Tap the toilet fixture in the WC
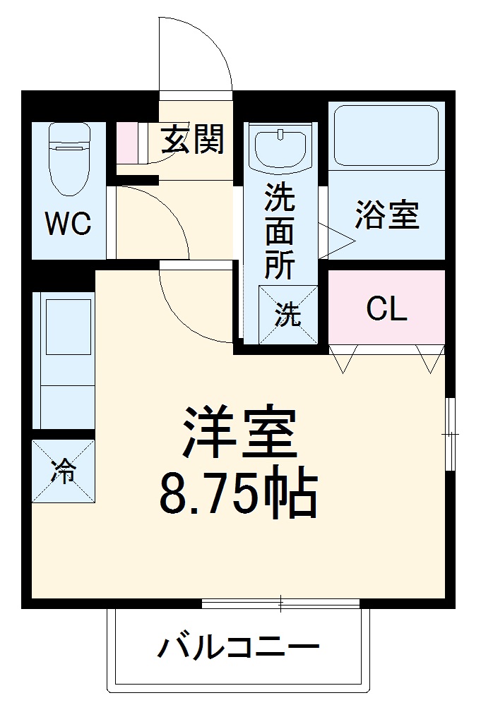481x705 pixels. point(69,159)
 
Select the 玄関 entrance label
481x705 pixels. point(193,139)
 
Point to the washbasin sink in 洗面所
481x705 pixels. point(281,149)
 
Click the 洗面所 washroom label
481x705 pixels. point(280,230)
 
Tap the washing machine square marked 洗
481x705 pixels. point(288,315)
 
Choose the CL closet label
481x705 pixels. point(386,308)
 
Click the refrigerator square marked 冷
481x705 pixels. point(63,471)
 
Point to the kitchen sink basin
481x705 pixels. point(69,327)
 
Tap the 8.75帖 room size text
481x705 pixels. point(239,495)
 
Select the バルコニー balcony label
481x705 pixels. point(238,647)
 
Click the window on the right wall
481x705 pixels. point(450,434)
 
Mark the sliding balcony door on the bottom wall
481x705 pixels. point(281,603)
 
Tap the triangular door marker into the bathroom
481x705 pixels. point(337,241)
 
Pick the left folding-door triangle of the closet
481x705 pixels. point(343,358)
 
